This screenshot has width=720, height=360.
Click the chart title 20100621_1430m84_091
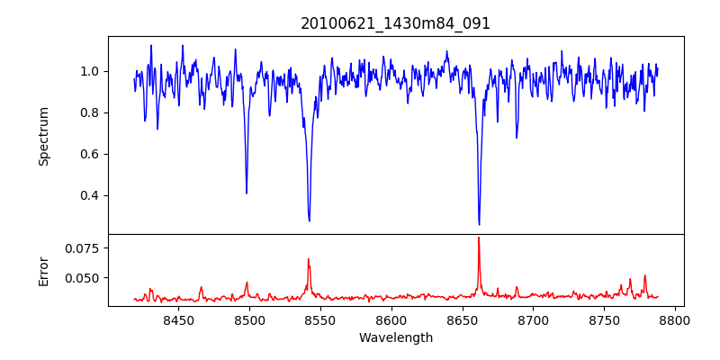395,23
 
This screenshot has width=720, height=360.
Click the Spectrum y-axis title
43,136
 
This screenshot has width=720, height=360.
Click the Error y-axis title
43,268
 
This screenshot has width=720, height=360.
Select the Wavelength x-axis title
395,338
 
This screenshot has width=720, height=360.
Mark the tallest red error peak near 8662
479,238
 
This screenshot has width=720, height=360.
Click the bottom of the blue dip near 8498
247,193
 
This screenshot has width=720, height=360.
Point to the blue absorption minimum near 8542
310,220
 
